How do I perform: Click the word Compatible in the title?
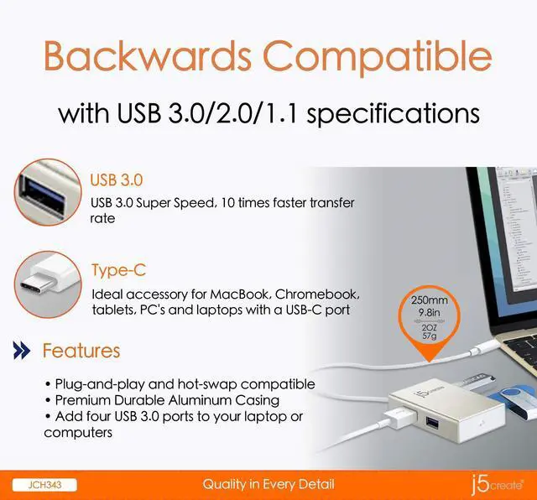(x=378, y=57)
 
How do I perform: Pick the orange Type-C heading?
(x=118, y=270)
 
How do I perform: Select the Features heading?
(x=81, y=351)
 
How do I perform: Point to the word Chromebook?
(x=317, y=295)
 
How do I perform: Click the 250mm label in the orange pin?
(x=430, y=299)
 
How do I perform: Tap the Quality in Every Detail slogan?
(x=268, y=484)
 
